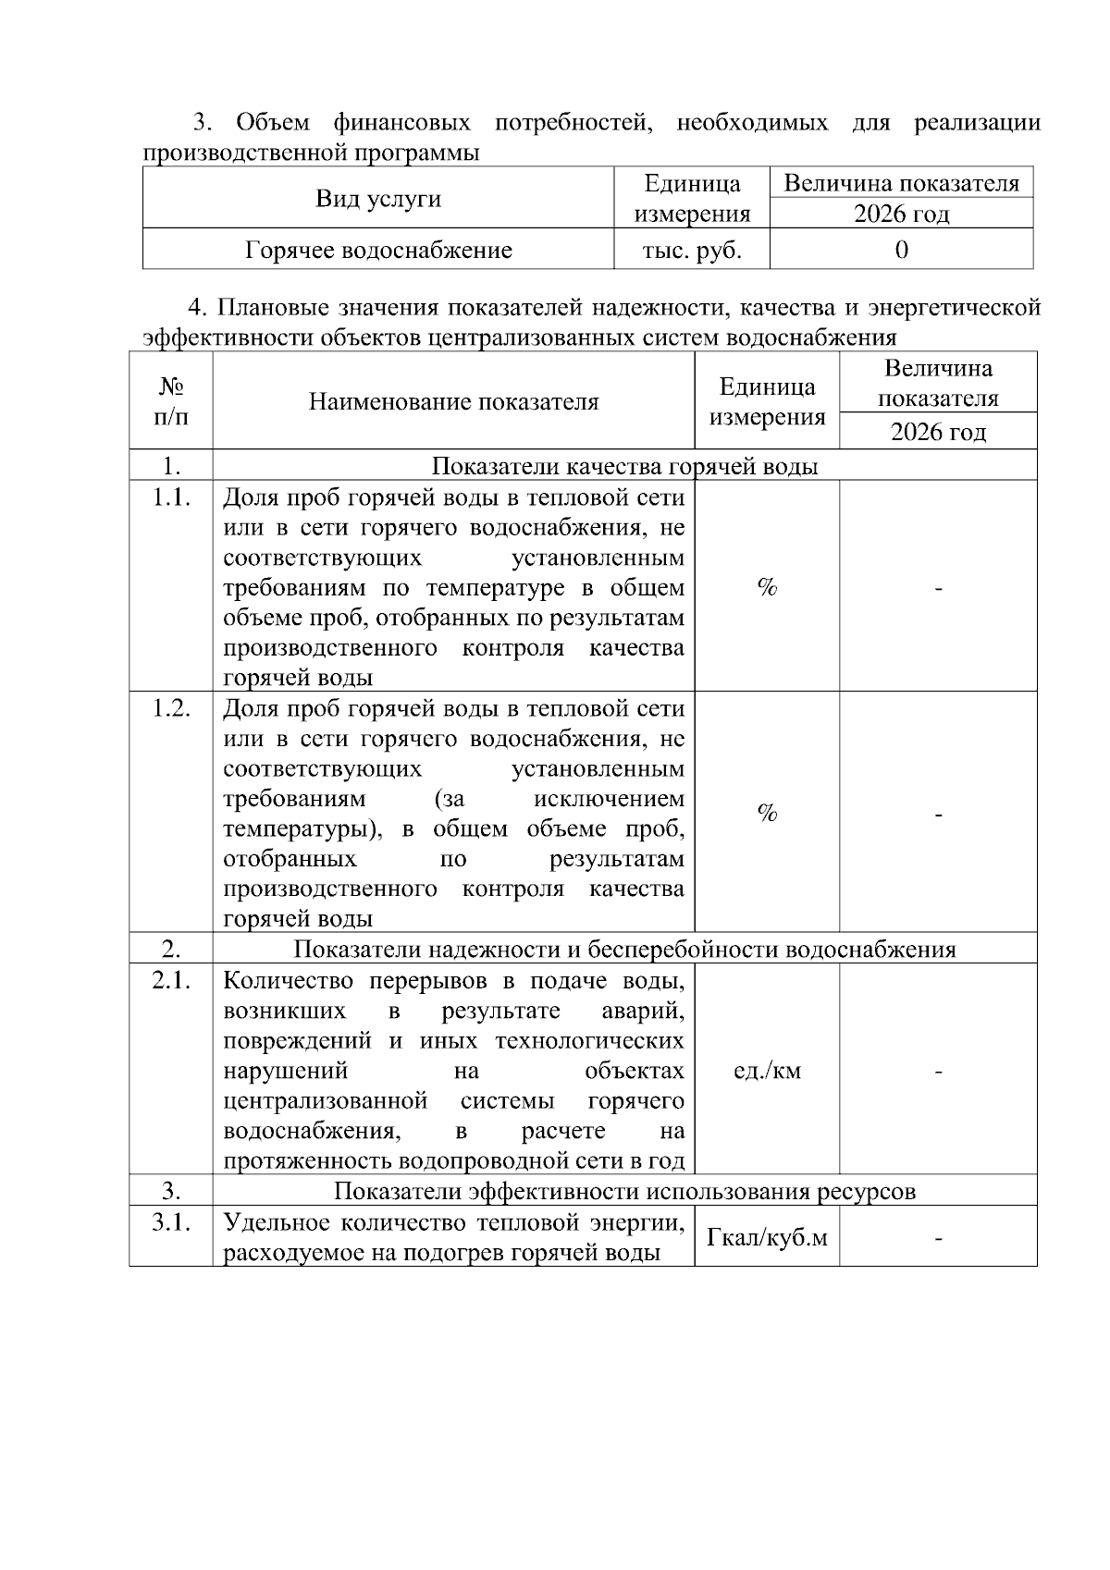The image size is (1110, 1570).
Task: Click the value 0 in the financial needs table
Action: [901, 250]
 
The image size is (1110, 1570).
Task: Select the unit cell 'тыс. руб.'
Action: [691, 250]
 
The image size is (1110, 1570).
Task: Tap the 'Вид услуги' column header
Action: [378, 199]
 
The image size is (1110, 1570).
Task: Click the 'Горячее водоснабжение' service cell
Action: [378, 250]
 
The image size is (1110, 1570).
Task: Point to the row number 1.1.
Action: [171, 497]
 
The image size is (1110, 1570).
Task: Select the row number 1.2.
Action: [171, 708]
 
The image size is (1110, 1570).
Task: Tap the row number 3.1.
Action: [171, 1222]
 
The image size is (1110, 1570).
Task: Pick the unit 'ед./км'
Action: [767, 1071]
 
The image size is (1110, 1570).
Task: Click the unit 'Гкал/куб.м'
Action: [767, 1236]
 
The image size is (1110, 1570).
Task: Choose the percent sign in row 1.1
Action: [767, 587]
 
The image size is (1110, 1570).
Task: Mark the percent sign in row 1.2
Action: [767, 813]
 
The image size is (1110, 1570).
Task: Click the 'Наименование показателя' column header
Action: [453, 401]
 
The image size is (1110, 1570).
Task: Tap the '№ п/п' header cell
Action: [171, 401]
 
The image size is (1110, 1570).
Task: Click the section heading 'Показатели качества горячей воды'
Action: [624, 466]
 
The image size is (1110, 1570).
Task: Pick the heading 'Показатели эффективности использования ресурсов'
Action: [624, 1191]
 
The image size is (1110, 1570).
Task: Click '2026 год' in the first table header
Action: [901, 215]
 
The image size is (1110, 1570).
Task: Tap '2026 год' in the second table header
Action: [938, 432]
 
